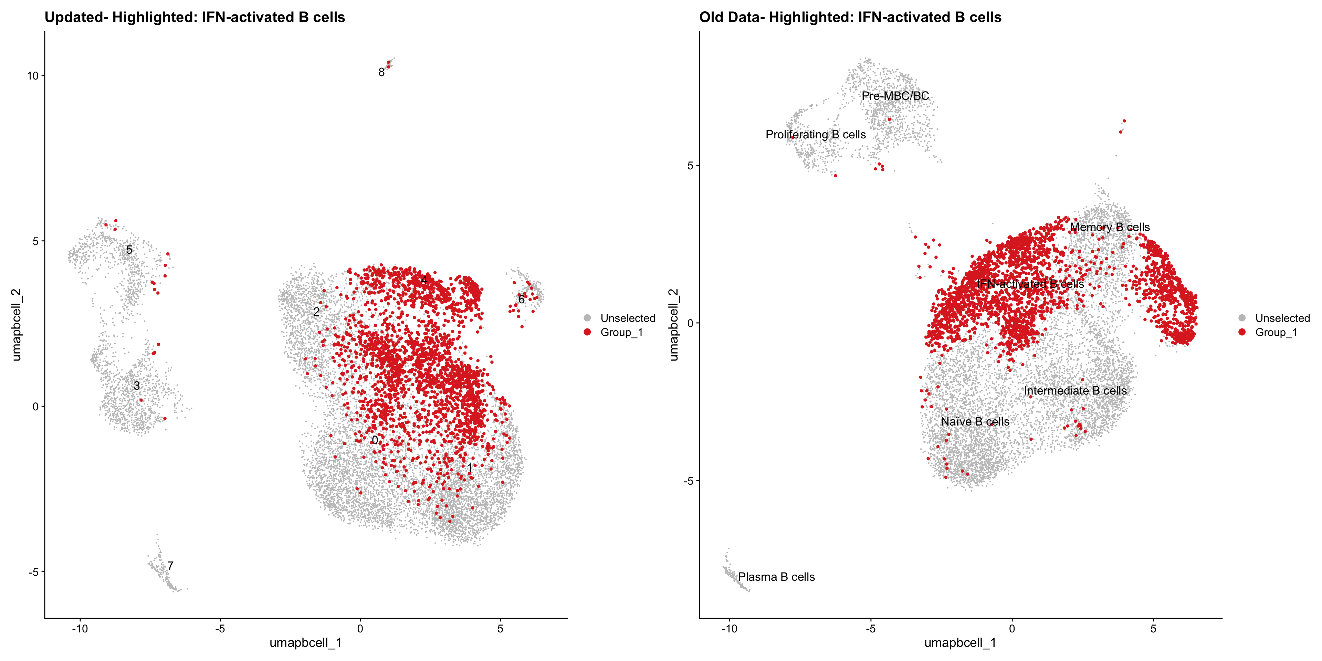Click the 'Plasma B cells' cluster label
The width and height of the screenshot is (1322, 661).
click(x=776, y=577)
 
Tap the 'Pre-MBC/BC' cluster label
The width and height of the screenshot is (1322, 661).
click(x=895, y=96)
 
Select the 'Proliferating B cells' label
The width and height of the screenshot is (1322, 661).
click(x=816, y=135)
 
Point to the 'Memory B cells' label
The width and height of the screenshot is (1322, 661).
click(x=1110, y=227)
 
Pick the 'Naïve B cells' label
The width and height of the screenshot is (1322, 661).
click(x=975, y=421)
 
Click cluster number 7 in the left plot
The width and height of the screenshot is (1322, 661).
click(x=170, y=566)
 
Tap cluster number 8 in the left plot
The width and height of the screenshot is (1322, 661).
click(x=381, y=72)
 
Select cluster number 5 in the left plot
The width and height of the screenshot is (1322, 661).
click(x=129, y=250)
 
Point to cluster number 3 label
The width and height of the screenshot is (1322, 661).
click(x=137, y=386)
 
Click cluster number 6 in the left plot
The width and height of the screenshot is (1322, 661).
click(x=522, y=299)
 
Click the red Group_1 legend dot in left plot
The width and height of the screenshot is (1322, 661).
click(x=587, y=332)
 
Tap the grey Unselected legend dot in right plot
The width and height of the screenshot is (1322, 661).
click(x=1242, y=318)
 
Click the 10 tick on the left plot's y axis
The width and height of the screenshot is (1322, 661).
click(x=33, y=76)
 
